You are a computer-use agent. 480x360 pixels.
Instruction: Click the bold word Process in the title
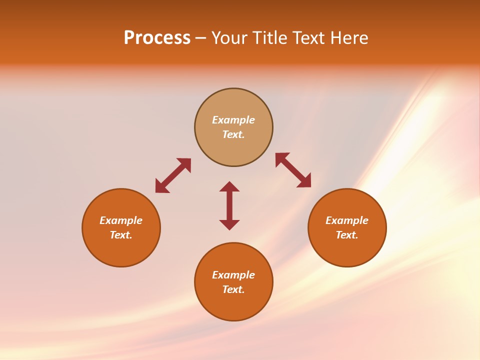coord(157,38)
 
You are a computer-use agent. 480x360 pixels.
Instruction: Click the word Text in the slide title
coord(309,38)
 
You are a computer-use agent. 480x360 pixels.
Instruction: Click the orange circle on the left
coord(121,250)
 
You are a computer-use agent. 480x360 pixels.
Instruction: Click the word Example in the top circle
coord(233,120)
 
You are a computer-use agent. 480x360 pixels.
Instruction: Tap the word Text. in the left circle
coord(121,235)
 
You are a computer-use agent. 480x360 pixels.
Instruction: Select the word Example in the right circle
coord(347,220)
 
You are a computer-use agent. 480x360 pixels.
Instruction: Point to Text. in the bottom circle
coord(233,289)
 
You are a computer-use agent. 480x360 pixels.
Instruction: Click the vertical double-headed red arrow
coord(229,205)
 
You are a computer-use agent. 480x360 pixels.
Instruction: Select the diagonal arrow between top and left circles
coord(173,175)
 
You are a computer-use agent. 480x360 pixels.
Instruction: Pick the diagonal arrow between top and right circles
coord(293,170)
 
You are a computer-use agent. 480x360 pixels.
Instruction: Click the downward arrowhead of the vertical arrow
coord(229,224)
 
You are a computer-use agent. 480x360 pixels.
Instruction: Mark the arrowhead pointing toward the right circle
coord(304,181)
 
